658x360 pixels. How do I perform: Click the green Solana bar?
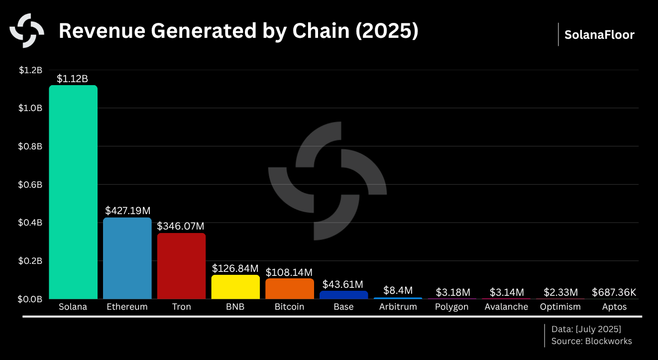click(x=73, y=192)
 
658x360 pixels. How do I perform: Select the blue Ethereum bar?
click(x=127, y=258)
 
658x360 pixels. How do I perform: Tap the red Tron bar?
click(x=181, y=266)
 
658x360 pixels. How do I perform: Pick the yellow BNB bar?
click(x=235, y=287)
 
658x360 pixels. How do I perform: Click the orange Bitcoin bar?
click(x=289, y=289)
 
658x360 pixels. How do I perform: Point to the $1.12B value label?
click(x=72, y=79)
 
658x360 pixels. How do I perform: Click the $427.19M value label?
click(x=128, y=211)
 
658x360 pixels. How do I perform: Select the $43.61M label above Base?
click(x=343, y=284)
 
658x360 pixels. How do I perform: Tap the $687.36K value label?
click(x=614, y=292)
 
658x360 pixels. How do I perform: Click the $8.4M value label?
click(x=397, y=290)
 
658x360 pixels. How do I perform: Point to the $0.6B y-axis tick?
click(x=31, y=185)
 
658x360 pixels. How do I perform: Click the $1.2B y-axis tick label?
click(x=31, y=70)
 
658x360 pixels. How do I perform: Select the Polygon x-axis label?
click(x=451, y=307)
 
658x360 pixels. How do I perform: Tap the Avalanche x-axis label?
click(x=506, y=307)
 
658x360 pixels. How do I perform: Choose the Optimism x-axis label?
click(x=560, y=307)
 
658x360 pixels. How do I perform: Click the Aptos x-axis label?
click(x=614, y=307)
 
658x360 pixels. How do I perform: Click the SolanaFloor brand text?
click(x=599, y=35)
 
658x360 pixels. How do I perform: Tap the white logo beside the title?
click(x=27, y=30)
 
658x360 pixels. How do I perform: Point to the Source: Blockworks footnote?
click(x=591, y=341)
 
